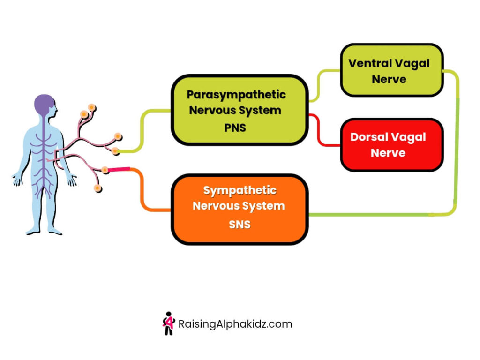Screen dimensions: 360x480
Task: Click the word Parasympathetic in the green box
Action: pyautogui.click(x=236, y=95)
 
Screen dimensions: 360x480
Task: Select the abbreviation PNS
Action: pyautogui.click(x=235, y=127)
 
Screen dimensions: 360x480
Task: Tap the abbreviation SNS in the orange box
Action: pyautogui.click(x=240, y=225)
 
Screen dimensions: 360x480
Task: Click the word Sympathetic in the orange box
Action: pyautogui.click(x=240, y=190)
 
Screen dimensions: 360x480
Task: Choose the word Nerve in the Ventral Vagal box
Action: pyautogui.click(x=389, y=79)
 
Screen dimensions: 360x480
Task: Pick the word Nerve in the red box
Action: pyautogui.click(x=388, y=153)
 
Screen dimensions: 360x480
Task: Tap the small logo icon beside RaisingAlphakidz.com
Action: pyautogui.click(x=168, y=323)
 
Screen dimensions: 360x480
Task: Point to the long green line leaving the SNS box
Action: pyautogui.click(x=375, y=215)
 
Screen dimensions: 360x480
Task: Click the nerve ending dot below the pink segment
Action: pyautogui.click(x=97, y=188)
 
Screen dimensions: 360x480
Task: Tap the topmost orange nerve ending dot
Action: pyautogui.click(x=92, y=108)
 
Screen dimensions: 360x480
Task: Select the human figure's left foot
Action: pyautogui.click(x=55, y=231)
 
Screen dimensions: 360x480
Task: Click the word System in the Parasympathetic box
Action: pyautogui.click(x=260, y=111)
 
